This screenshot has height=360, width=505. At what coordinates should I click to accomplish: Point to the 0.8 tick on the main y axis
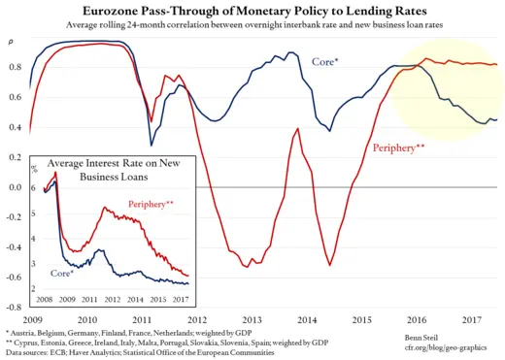[15, 67]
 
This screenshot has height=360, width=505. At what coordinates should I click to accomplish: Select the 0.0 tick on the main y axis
[15, 187]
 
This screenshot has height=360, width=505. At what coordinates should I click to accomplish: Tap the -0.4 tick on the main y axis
[13, 247]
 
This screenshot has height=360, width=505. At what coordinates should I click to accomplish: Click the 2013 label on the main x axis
[252, 318]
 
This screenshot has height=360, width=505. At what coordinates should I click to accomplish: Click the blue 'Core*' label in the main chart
[324, 61]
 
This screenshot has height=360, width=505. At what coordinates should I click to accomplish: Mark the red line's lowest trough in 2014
[330, 265]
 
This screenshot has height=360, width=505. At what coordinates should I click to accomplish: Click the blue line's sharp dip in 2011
[151, 145]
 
